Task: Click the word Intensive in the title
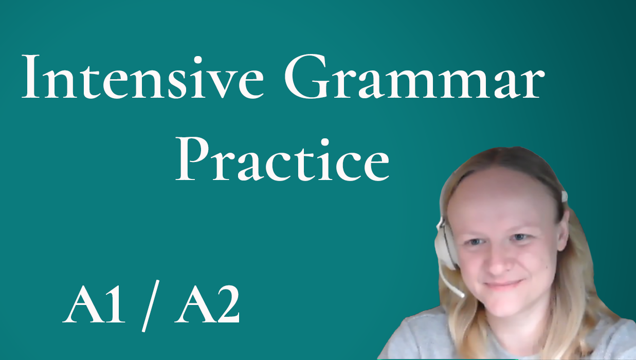[142, 77]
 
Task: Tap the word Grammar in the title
[414, 76]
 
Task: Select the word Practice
[282, 159]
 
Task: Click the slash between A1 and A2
[151, 306]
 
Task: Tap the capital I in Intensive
[30, 77]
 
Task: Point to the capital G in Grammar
[306, 77]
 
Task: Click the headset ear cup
[445, 244]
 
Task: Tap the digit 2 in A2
[227, 304]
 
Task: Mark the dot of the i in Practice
[324, 142]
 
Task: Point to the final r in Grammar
[532, 84]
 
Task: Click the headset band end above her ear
[564, 196]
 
